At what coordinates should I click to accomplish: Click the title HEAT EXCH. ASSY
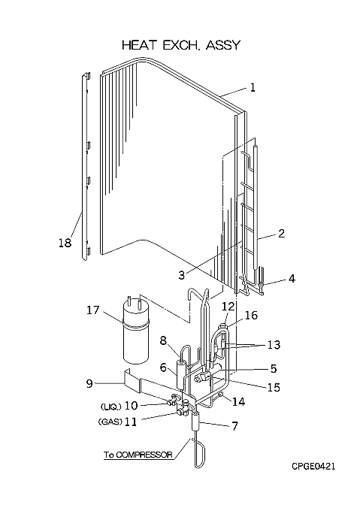181,45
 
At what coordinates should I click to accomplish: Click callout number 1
253,87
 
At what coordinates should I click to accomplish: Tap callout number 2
281,233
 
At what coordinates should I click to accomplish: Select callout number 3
182,275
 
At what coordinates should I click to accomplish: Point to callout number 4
292,278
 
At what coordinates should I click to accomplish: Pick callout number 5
273,368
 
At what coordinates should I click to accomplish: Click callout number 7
234,425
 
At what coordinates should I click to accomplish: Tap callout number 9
89,383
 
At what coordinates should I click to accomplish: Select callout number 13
274,344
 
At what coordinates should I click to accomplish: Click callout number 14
238,401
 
